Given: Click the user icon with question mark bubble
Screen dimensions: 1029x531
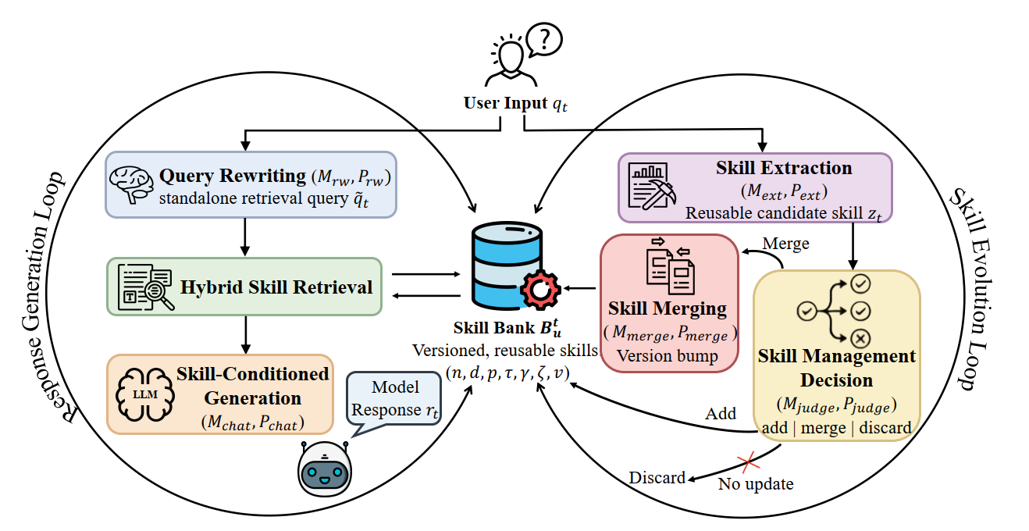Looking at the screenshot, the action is (x=524, y=55).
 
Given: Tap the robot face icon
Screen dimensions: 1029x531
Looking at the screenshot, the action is (x=325, y=469).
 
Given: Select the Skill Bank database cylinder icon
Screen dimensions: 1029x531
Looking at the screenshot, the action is (x=507, y=265).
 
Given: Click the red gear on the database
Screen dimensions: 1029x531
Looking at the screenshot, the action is (x=540, y=290).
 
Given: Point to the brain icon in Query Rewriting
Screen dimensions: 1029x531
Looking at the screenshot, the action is (x=131, y=184).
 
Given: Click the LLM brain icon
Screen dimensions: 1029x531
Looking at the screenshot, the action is (x=145, y=394).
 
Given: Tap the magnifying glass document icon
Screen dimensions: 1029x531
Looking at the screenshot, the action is (x=145, y=287).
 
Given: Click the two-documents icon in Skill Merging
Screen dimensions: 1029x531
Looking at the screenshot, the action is (x=670, y=266).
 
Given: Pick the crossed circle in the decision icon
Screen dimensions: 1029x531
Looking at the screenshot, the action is (x=860, y=339).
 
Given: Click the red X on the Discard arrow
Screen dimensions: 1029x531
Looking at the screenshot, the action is (x=748, y=462).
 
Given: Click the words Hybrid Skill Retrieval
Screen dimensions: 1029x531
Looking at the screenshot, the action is (x=276, y=287).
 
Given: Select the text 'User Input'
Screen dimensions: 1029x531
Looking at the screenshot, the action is (x=505, y=103).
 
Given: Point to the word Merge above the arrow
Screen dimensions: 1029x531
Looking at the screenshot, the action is (x=785, y=244).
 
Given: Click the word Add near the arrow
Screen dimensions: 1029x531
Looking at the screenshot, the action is (x=721, y=413).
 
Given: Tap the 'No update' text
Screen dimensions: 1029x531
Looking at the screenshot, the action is (x=756, y=483).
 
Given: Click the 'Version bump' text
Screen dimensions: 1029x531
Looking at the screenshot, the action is (x=667, y=355).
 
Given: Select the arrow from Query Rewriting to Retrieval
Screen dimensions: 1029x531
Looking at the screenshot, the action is (x=245, y=237).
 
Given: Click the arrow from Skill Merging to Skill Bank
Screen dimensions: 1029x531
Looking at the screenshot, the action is (x=580, y=288).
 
